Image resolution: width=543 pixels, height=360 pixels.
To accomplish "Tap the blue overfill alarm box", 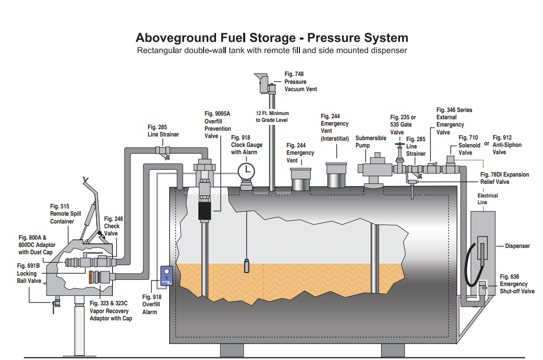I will point(167,277).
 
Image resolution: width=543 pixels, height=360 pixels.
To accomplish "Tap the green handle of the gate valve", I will point(399,145).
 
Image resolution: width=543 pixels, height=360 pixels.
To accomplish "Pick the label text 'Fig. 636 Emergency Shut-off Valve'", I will point(516,284).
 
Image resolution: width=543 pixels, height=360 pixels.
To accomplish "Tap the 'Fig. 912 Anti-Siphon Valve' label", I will point(507,145).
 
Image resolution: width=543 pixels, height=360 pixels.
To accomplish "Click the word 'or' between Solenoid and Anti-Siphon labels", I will point(487,143).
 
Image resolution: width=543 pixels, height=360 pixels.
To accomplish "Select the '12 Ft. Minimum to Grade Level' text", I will point(272,117).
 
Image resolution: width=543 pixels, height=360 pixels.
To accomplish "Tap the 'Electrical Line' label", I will point(487,198).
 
